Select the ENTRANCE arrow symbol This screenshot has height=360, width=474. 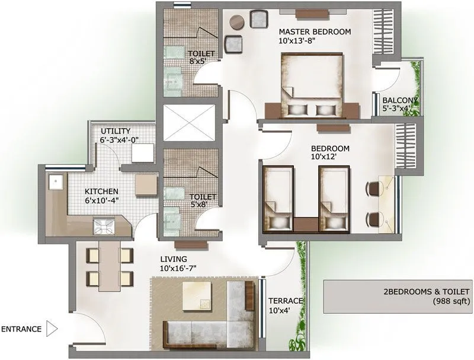coord(52,328)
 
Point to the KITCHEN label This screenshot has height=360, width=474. coord(101,192)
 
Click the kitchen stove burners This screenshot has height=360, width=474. coord(100,225)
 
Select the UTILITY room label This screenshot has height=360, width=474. coord(115,131)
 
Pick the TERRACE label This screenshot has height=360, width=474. coord(286,301)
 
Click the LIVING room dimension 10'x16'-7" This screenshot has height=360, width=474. coord(178,269)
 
